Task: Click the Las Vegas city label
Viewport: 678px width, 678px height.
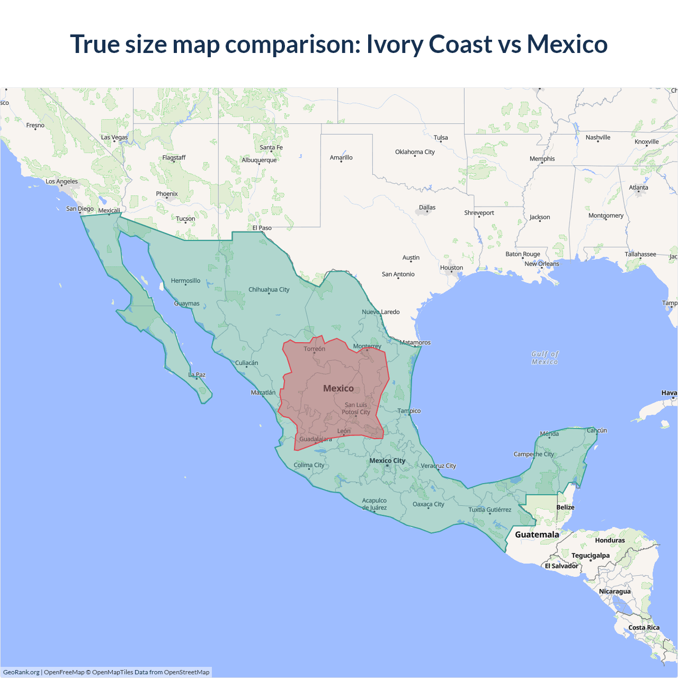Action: click(114, 137)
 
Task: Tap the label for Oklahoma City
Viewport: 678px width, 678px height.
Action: click(415, 152)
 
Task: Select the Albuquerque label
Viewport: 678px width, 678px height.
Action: click(259, 160)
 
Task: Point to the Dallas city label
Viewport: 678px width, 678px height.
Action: click(427, 207)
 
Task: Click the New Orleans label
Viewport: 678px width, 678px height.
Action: click(541, 264)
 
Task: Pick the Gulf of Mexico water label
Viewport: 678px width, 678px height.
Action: click(545, 358)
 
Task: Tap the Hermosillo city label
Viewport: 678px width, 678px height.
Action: click(185, 281)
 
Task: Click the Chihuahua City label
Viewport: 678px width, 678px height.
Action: click(269, 290)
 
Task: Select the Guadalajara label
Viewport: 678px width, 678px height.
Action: click(316, 439)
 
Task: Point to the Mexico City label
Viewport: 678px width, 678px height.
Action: click(387, 460)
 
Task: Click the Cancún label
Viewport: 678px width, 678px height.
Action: click(597, 430)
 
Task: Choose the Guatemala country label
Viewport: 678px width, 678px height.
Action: click(537, 534)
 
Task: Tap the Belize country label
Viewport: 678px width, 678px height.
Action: click(565, 507)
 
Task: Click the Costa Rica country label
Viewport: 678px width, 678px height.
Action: click(644, 628)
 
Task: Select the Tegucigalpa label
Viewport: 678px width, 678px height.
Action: click(591, 556)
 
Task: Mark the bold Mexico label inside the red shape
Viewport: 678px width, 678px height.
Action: click(338, 388)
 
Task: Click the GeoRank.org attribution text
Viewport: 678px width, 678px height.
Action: click(21, 672)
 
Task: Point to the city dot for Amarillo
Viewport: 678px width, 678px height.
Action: click(341, 162)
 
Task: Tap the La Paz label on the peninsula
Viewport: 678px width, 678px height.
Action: click(197, 374)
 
